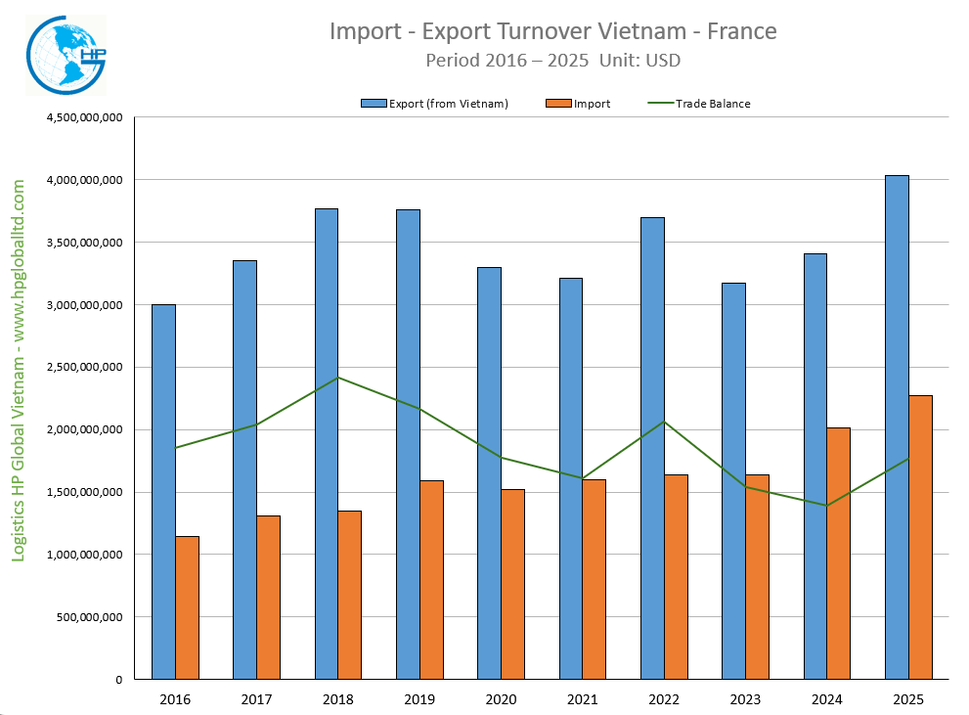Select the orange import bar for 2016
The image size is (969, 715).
[x=187, y=606]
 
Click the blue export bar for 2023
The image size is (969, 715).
[x=733, y=480]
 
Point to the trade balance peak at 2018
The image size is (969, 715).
[x=337, y=378]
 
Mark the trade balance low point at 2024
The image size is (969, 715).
[x=826, y=506]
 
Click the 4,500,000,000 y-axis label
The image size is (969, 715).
[x=84, y=117]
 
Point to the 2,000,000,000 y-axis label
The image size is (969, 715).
[x=84, y=429]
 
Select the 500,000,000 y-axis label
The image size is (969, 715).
[x=90, y=617]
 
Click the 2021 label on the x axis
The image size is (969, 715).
[x=582, y=699]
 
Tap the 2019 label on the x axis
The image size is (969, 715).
[x=419, y=699]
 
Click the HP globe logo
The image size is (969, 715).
[x=64, y=56]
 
